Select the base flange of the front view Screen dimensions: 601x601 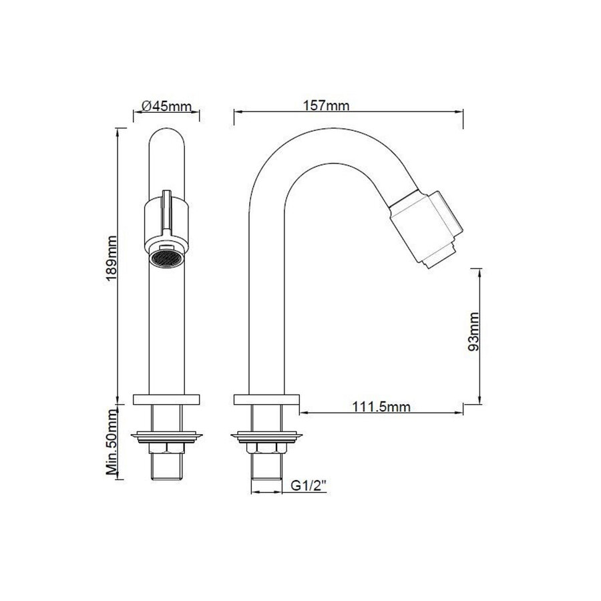pos(167,400)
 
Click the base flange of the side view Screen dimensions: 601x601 pos(266,400)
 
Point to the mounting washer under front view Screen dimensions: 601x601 pos(167,437)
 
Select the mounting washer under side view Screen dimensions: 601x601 pos(266,437)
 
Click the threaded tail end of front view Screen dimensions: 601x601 pos(167,467)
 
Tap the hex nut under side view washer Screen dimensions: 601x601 pos(266,449)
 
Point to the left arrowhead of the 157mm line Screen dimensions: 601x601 pos(235,113)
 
